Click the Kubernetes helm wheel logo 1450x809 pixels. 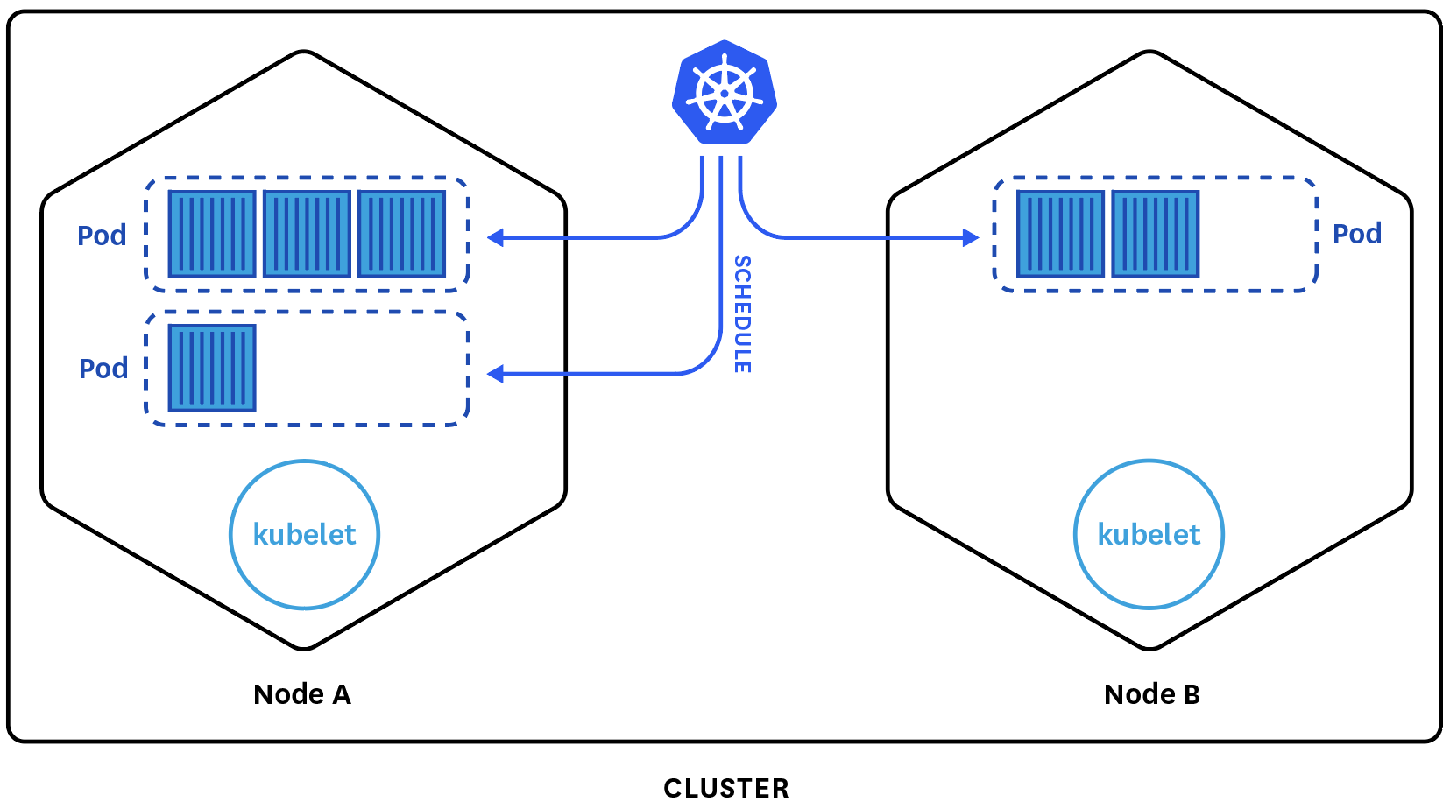tap(725, 92)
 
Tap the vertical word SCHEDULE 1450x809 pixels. tap(742, 314)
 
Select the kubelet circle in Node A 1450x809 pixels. tap(304, 534)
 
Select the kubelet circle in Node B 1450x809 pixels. tap(1149, 534)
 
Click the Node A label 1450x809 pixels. tap(302, 694)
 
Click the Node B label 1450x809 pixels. tap(1151, 694)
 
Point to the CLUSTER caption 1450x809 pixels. tap(725, 788)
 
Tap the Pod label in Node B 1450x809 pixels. tap(1356, 234)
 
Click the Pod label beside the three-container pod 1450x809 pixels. tap(102, 236)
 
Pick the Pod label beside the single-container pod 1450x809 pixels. tap(103, 369)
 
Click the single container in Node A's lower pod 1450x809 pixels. tap(212, 368)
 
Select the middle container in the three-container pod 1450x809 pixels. tap(307, 234)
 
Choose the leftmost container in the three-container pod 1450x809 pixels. tap(212, 234)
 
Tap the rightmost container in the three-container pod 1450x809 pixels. tap(402, 234)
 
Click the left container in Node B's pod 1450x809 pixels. tap(1060, 234)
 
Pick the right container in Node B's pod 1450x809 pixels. tap(1155, 234)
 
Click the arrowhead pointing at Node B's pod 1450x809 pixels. tap(971, 237)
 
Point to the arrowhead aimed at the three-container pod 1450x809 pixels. tap(496, 237)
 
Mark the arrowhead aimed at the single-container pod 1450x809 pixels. tap(496, 374)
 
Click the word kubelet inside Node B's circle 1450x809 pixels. tap(1149, 534)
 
